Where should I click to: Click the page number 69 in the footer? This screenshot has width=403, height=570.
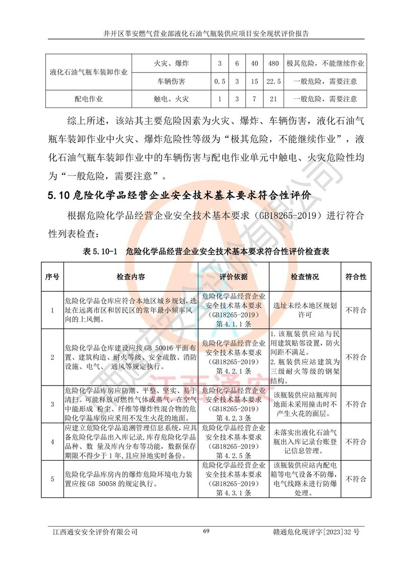206,531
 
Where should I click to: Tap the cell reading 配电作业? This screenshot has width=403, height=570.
89,98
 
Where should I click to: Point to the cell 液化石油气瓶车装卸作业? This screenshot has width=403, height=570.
89,72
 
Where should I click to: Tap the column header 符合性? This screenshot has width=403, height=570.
356,277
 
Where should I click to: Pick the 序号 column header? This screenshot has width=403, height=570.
52,277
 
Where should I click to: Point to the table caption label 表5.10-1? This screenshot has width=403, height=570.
99,250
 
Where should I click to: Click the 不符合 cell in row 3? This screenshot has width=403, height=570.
356,404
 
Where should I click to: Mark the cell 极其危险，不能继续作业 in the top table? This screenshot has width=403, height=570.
325,64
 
